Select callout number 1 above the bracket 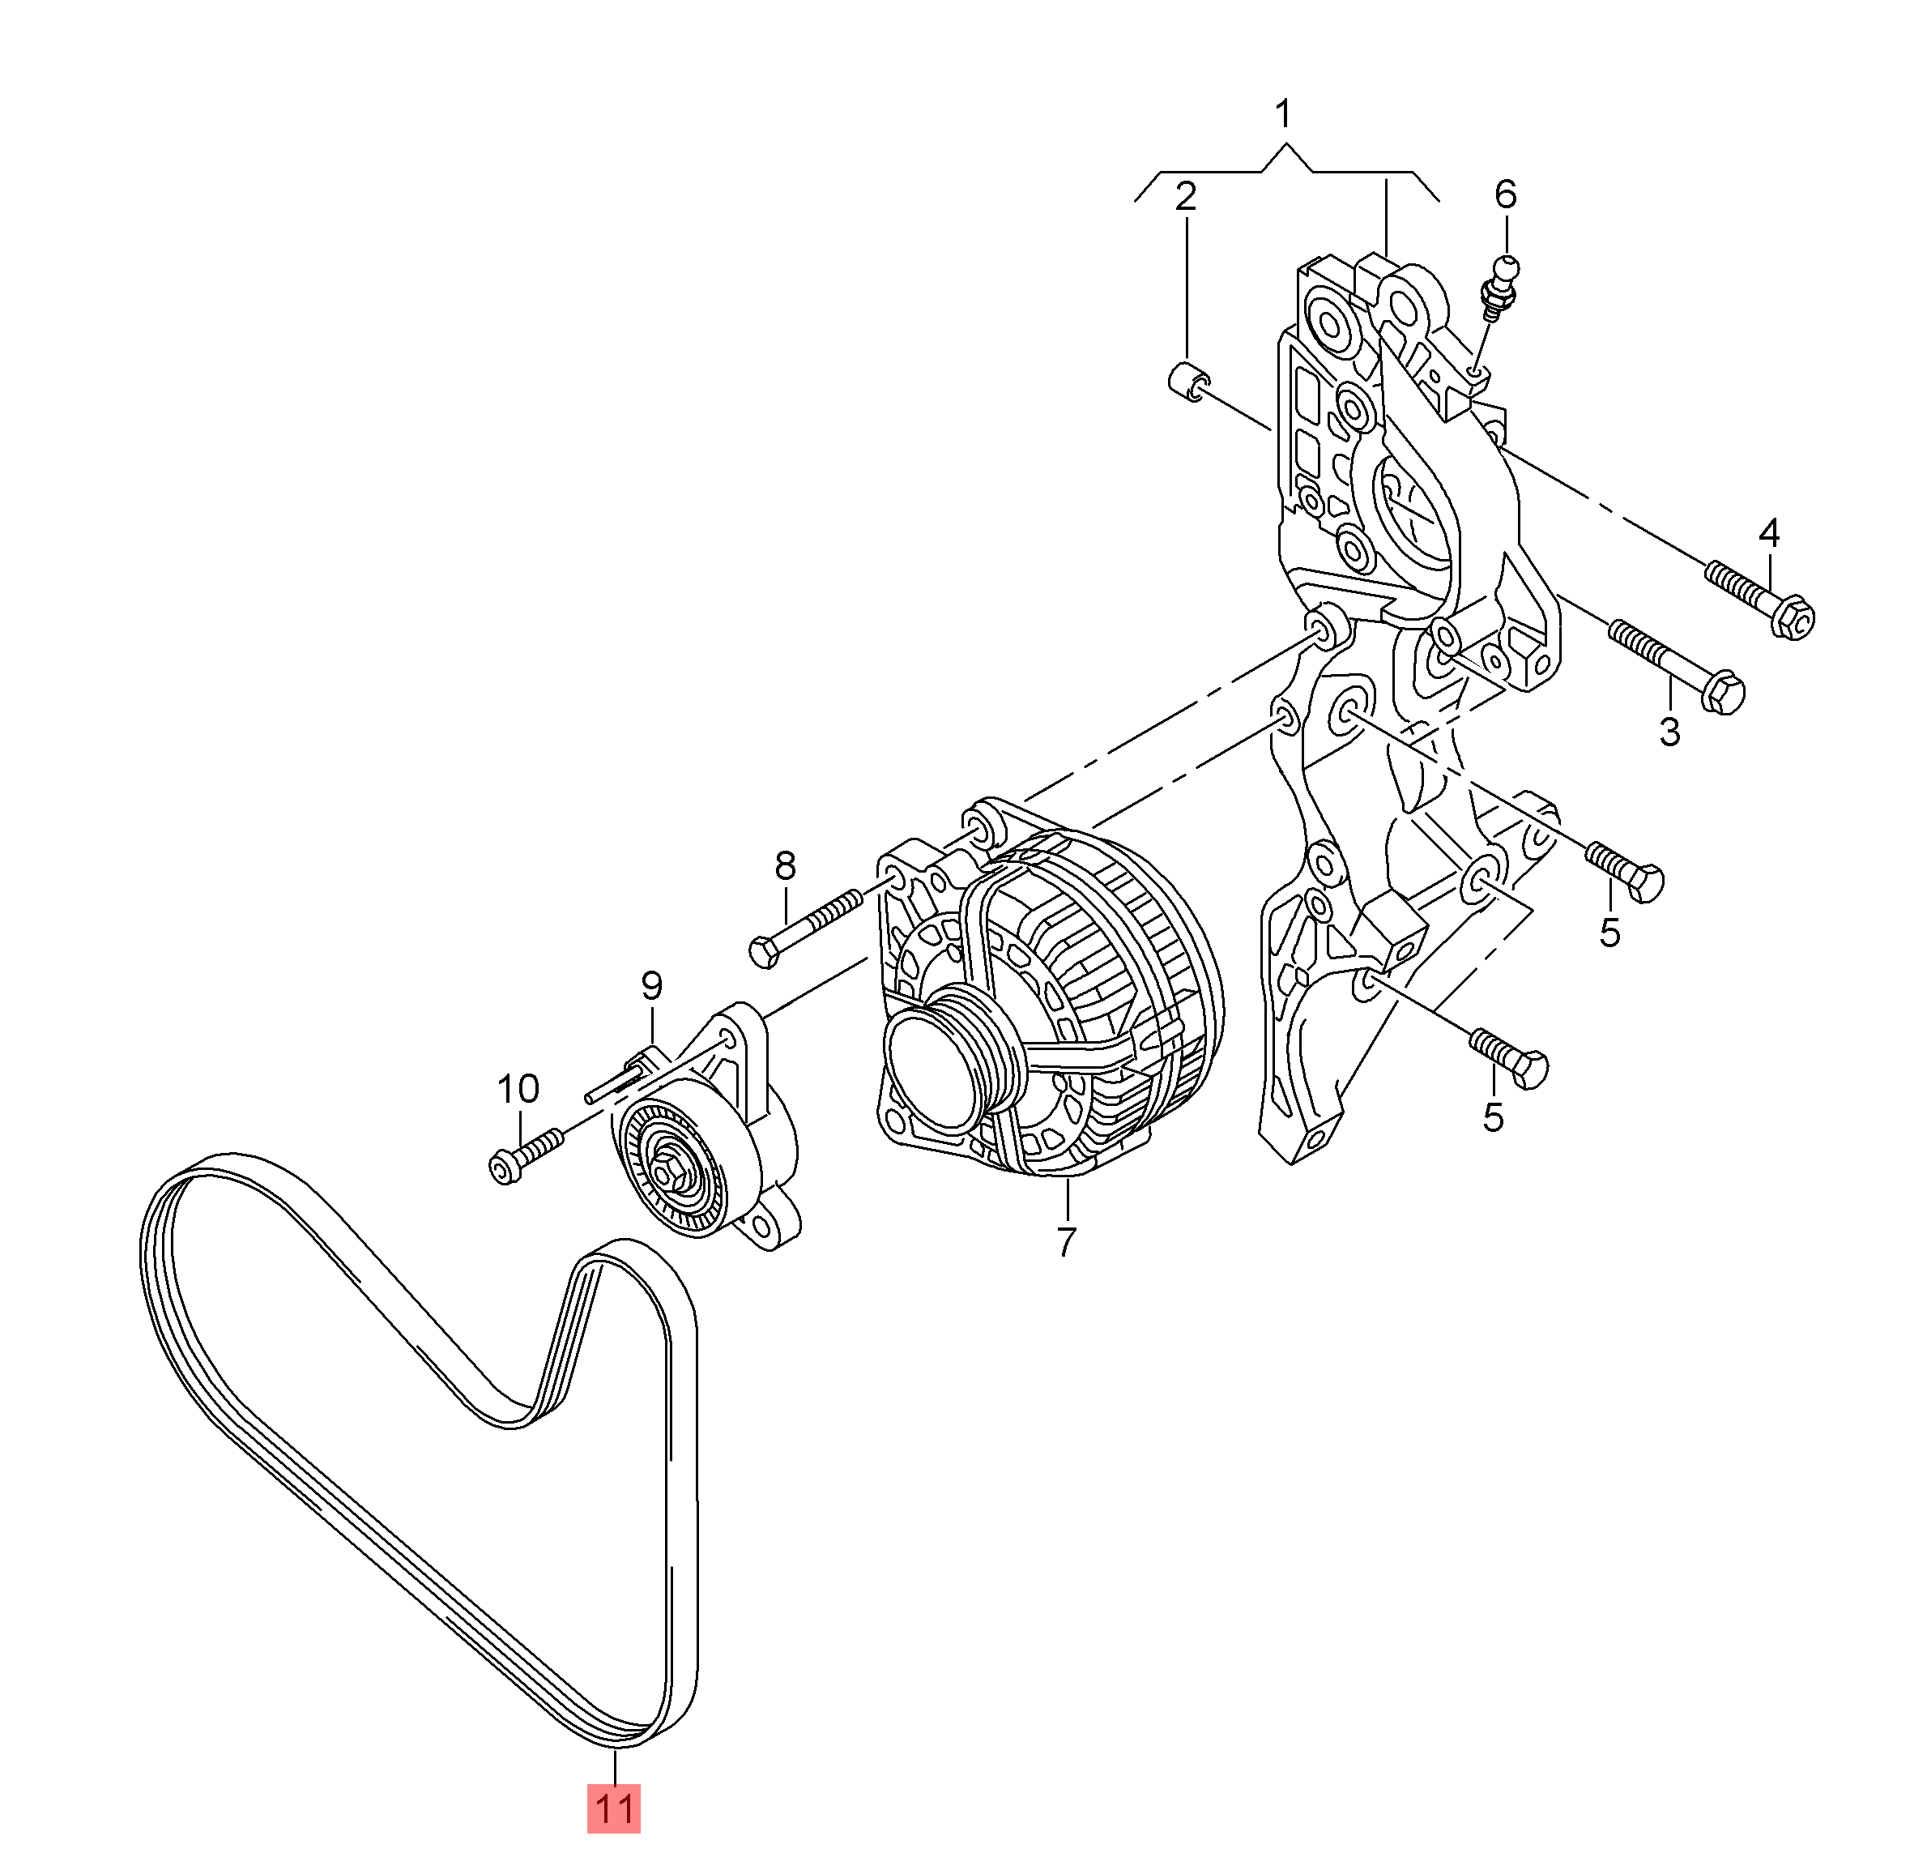click(1282, 115)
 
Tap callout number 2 click(1186, 198)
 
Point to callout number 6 click(1505, 194)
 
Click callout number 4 click(1769, 534)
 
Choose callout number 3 click(1669, 732)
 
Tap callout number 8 click(785, 866)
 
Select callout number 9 click(652, 985)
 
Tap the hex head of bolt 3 click(1721, 691)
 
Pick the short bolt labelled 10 click(525, 1155)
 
